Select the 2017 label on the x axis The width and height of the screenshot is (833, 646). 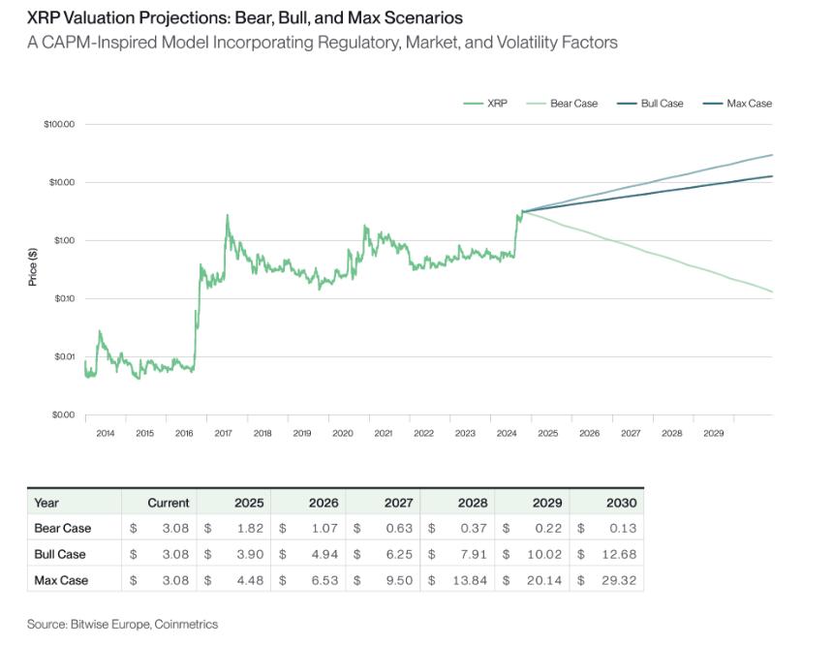(x=223, y=434)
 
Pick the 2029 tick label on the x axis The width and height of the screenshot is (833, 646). (x=712, y=434)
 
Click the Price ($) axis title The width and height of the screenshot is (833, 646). (x=33, y=266)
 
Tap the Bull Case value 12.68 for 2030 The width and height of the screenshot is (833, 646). (x=623, y=555)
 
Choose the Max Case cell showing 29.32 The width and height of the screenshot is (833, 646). (x=623, y=581)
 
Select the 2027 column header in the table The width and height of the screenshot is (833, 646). (x=398, y=503)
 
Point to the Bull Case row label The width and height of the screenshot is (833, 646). (x=60, y=555)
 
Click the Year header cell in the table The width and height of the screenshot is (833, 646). (x=46, y=503)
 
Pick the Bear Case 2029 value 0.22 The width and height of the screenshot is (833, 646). (x=548, y=529)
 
